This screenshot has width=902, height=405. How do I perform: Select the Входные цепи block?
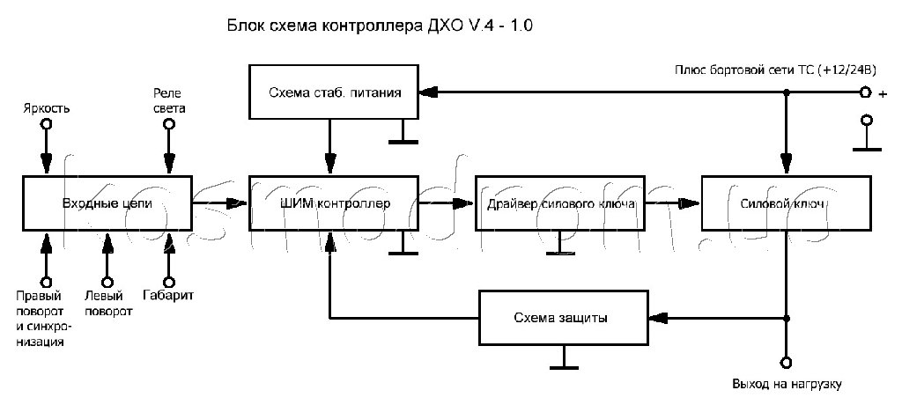[107, 203]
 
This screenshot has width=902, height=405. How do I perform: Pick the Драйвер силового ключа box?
[560, 203]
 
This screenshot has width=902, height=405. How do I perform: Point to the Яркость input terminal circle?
[45, 125]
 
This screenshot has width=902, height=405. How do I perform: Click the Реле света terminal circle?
[168, 125]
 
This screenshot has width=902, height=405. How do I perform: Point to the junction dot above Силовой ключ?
[786, 92]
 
